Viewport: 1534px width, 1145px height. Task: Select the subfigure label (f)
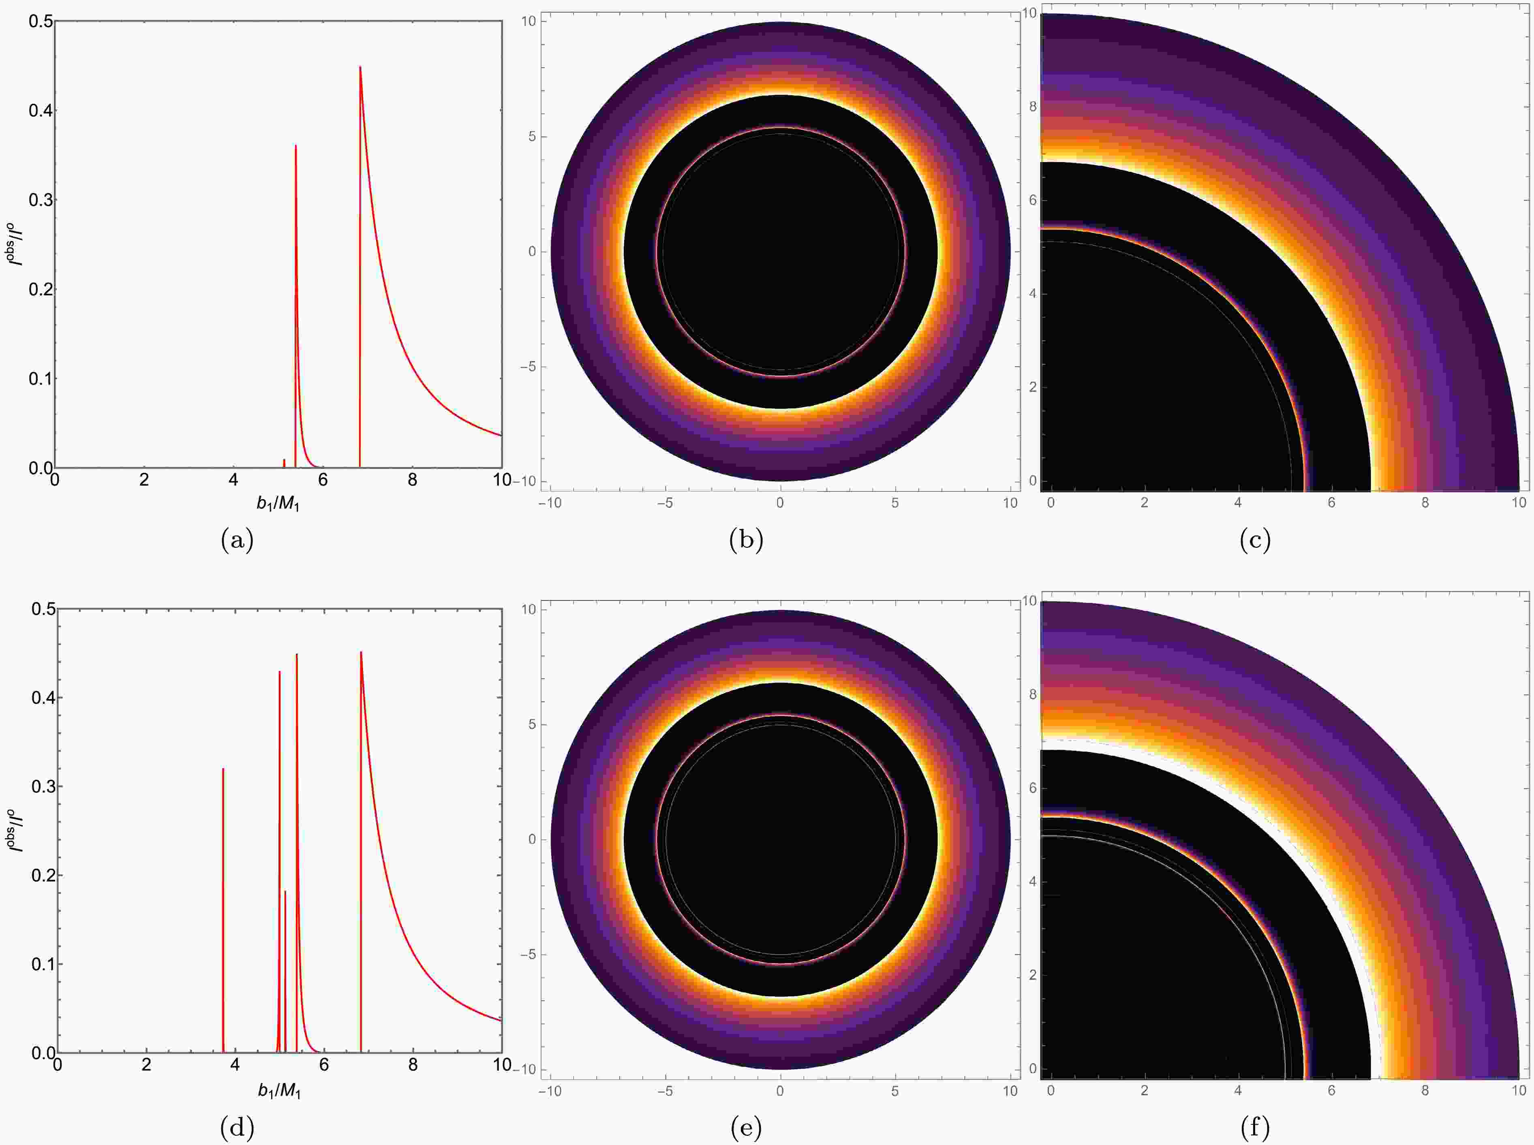tap(1255, 1128)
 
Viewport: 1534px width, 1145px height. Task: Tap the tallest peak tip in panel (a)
tap(360, 67)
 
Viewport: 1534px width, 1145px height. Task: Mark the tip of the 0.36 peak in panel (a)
tap(296, 145)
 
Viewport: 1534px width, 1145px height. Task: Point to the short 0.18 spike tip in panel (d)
tap(285, 891)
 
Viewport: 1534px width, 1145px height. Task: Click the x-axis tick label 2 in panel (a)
tap(144, 480)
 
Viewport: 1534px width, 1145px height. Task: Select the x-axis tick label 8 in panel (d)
tap(413, 1065)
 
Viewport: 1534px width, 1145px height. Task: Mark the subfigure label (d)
tap(237, 1128)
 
